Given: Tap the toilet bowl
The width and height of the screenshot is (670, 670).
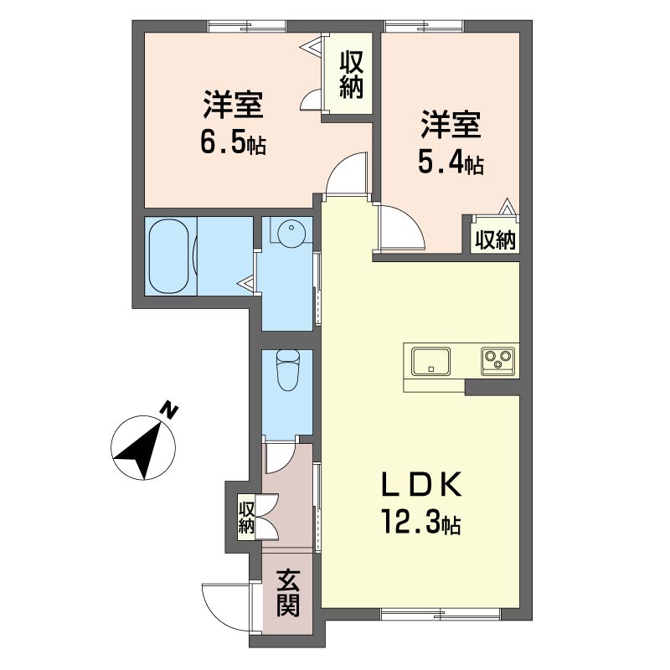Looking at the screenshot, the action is pos(288,370).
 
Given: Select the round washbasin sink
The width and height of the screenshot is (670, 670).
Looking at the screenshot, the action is pos(291,232).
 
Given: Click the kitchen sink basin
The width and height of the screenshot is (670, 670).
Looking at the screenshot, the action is pos(430,361).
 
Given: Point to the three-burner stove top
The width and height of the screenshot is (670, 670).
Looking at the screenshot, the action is pos(497,361).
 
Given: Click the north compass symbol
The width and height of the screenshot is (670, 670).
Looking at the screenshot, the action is pos(143,447).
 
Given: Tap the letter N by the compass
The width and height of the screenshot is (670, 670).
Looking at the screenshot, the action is pos(169,409).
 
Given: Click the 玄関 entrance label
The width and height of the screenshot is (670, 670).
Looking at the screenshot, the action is pos(287,594).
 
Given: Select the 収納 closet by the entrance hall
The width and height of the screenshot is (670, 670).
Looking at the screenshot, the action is pos(246,517).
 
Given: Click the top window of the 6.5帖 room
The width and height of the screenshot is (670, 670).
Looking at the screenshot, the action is pos(248,27).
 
